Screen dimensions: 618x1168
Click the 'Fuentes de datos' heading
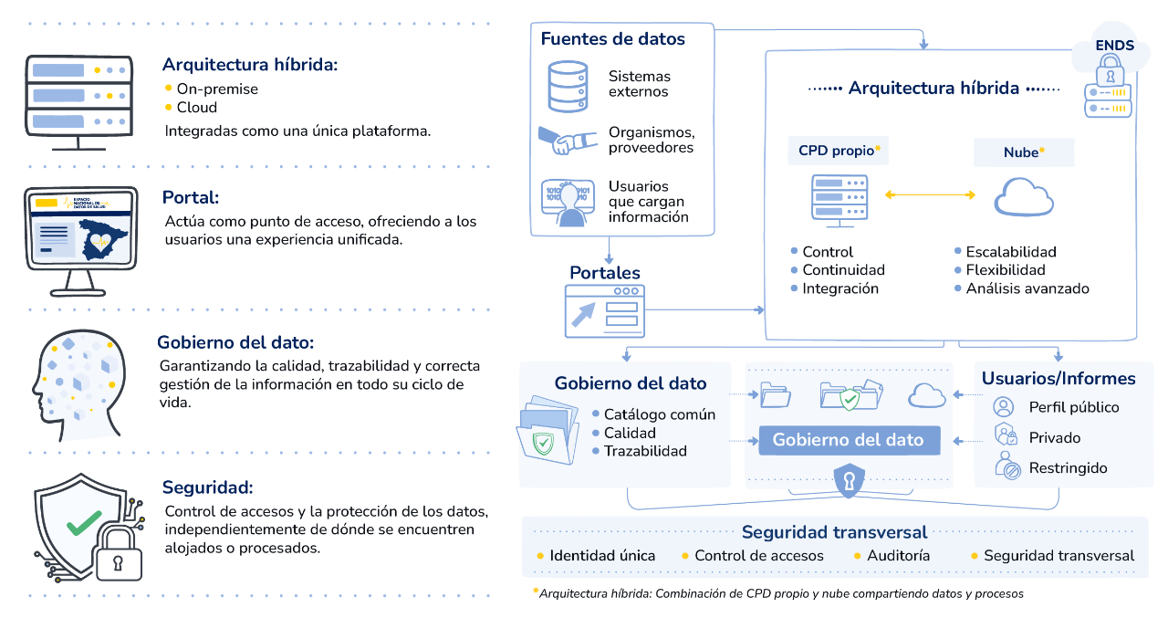coord(612,39)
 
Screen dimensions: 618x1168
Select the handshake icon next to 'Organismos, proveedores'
coord(568,141)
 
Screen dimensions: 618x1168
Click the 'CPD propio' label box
coord(838,151)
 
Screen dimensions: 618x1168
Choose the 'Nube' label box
coord(1024,152)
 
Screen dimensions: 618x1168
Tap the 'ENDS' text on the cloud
coord(1114,45)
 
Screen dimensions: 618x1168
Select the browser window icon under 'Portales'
coord(604,309)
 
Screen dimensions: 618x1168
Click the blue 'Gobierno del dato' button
coord(849,440)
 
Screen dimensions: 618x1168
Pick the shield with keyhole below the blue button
coord(850,479)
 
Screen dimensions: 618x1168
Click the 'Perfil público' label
coord(1073,407)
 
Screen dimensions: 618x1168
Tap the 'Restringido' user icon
coord(1006,466)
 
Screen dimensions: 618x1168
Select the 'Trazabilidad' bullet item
coord(644,451)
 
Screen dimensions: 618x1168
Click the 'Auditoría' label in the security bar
coord(898,555)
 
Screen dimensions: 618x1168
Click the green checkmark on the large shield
coord(84,522)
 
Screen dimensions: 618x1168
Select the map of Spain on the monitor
coord(100,239)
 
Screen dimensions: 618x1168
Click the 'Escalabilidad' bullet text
coord(1011,251)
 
